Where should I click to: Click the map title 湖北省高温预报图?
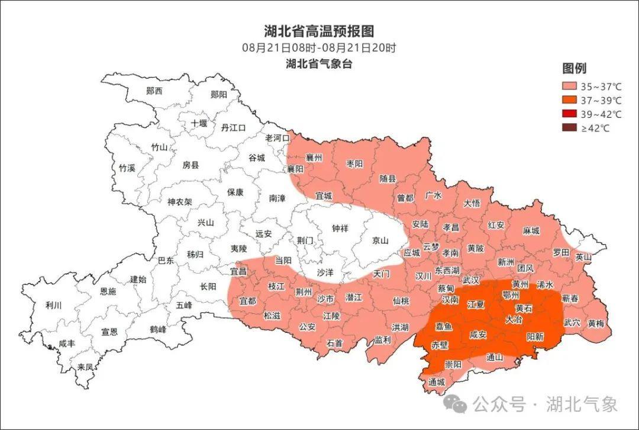coord(319,31)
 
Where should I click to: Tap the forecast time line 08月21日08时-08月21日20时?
coord(319,48)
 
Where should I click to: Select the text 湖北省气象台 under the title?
coord(319,64)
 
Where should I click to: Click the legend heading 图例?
coord(574,68)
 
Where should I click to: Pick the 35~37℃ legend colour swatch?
coord(569,86)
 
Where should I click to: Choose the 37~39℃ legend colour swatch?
coord(569,100)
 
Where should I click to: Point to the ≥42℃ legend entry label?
coord(595,129)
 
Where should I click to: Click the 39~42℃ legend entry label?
coord(601,114)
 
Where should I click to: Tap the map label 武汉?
coord(471,280)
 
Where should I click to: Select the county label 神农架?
coord(180,201)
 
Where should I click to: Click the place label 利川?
coord(53,306)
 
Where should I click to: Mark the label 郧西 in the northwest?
coord(154,91)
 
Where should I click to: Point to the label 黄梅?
coord(596,323)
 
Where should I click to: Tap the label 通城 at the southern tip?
coord(437,382)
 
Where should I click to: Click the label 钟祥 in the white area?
coord(340,228)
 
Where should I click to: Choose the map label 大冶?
coord(514,319)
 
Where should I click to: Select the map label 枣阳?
coord(354,163)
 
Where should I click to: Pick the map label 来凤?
coord(85,367)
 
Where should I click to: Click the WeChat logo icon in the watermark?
coord(456,405)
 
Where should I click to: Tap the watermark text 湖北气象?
coord(582,405)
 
